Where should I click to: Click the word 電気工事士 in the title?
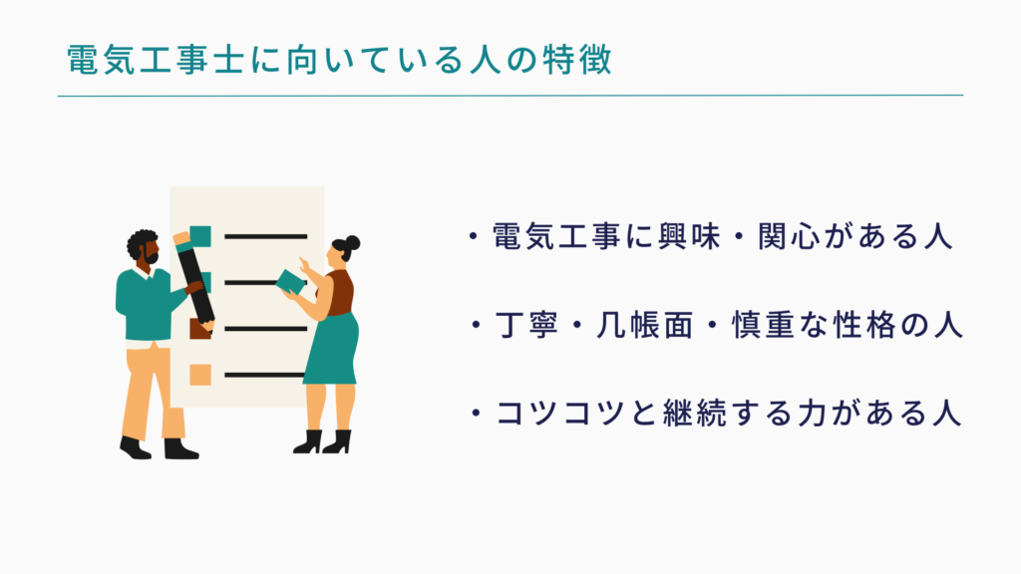156,60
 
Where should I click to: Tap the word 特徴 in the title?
577,60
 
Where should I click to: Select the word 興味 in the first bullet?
690,236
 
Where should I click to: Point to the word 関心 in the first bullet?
790,236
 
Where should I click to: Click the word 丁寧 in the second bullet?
526,325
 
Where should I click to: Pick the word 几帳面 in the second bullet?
645,325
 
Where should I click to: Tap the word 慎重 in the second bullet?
763,325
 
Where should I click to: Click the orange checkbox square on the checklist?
200,375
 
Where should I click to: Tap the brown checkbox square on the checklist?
200,329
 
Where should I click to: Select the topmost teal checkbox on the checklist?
200,236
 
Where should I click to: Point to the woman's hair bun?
352,243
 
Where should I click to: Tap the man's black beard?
152,258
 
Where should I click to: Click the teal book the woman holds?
290,282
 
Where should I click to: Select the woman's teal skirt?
331,350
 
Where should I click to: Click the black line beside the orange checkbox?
265,375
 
